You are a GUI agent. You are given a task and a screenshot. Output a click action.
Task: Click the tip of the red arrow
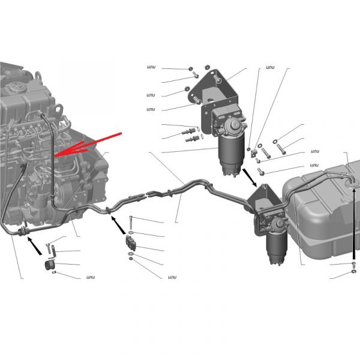pos(55,156)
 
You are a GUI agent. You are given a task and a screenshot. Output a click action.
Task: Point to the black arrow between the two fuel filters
pos(250,178)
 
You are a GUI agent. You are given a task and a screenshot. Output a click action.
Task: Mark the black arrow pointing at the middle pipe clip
pos(118,226)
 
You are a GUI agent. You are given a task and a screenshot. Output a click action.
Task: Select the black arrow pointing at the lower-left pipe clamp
pos(35,246)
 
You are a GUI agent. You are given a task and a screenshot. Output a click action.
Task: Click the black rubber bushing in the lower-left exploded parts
pos(49,266)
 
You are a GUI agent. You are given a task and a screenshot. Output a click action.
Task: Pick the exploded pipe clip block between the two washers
pos(131,243)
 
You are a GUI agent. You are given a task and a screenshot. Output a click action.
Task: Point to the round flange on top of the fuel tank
pos(352,184)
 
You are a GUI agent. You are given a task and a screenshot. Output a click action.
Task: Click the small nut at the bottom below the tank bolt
pos(354,272)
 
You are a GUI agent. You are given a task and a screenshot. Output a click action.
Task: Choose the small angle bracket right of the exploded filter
pos(253,154)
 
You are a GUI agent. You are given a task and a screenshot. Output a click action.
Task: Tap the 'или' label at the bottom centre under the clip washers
pos(172,277)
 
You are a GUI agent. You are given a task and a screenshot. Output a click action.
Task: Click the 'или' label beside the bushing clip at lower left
pos(91,277)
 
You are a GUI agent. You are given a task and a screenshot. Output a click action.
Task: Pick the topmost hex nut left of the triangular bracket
pos(190,68)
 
